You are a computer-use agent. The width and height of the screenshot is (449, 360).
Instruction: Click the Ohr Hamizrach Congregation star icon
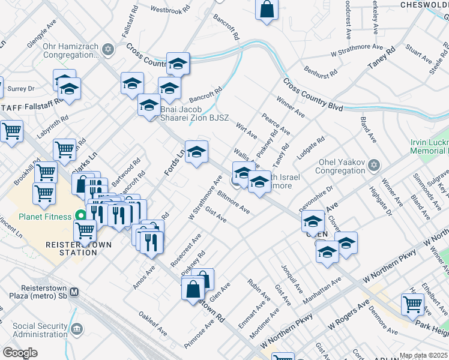coord(108,49)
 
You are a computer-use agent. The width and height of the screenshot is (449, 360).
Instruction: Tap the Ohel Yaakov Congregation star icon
coord(375,164)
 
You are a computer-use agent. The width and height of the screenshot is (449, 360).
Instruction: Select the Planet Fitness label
coord(46,217)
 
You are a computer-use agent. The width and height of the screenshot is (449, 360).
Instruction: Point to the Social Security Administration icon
coord(77,328)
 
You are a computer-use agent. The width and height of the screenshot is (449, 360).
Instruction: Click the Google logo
coord(20,353)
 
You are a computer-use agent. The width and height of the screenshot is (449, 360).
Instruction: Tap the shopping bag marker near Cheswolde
coord(267,10)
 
